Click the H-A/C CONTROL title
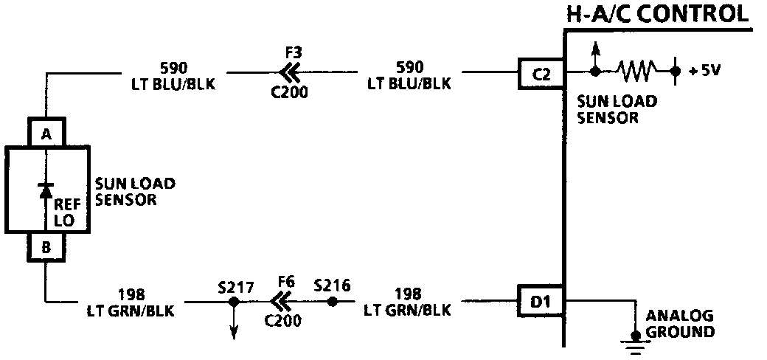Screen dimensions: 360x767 pos(657,14)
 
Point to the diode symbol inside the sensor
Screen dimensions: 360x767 pos(46,190)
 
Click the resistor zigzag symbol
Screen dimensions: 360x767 pos(635,72)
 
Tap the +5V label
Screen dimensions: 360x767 pos(704,72)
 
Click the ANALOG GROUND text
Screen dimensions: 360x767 pos(680,324)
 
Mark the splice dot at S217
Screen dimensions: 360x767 pos(234,301)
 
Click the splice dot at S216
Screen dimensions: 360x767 pos(332,301)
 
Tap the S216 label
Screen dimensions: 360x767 pos(332,284)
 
